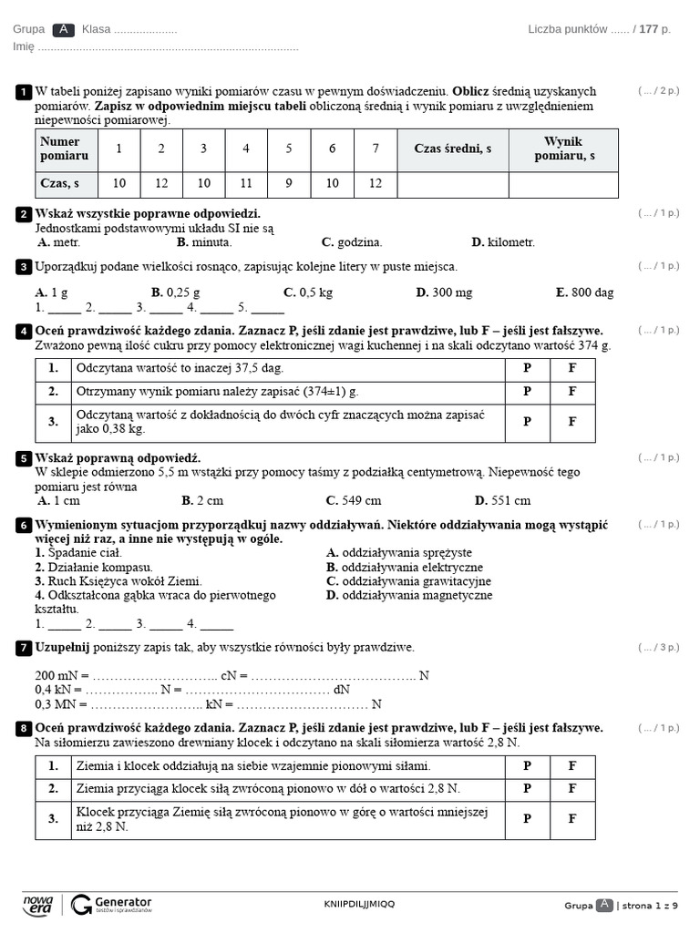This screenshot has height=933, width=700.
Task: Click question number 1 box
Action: coord(23,92)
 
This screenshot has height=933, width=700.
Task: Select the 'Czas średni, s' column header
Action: coord(453,149)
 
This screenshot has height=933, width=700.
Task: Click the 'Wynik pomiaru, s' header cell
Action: coord(563,149)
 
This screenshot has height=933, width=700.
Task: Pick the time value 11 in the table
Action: coord(246,184)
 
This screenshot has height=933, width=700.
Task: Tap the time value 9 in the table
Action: coord(289,184)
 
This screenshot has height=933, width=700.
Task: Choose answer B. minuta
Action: coord(205,242)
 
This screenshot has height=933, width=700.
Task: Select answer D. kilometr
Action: coord(503,242)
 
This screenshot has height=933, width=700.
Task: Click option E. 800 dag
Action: coord(585,292)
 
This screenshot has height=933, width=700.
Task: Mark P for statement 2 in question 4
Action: coord(527,392)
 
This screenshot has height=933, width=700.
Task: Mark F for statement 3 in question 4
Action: coord(572,422)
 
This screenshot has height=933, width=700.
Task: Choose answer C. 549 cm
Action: coord(354,500)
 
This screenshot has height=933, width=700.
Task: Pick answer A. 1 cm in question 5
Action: coord(59,500)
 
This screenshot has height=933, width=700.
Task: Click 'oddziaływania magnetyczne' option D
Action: coord(409,595)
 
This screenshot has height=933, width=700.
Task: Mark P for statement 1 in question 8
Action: coord(527,766)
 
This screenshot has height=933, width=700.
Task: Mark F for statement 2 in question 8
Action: coord(572,789)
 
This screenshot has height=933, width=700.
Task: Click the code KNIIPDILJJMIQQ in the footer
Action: coord(360,904)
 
